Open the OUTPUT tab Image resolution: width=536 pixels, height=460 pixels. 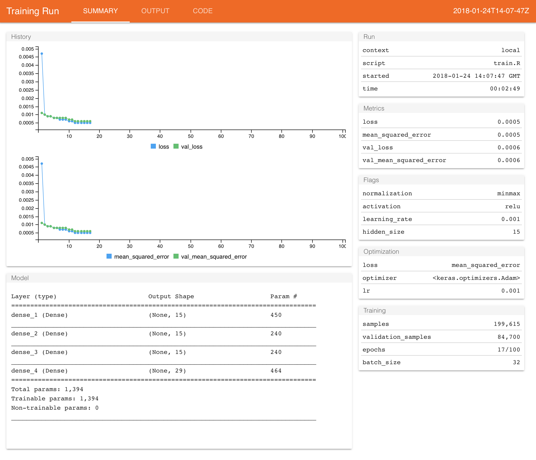(155, 11)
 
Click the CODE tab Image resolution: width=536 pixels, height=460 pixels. (203, 11)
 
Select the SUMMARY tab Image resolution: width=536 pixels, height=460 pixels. (100, 11)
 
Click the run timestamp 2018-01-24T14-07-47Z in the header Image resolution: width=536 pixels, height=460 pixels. (491, 11)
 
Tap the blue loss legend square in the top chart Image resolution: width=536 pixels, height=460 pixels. (153, 146)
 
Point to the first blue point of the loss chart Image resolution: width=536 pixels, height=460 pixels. (42, 54)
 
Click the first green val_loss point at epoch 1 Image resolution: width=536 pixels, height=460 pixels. (42, 113)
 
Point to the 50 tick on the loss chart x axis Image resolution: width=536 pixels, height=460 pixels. (191, 136)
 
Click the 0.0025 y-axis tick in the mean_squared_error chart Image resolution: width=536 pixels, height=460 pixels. (26, 200)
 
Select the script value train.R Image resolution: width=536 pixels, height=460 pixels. (506, 63)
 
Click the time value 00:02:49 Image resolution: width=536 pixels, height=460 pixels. (505, 88)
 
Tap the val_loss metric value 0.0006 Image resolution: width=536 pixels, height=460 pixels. (509, 148)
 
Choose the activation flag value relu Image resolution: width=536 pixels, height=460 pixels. (512, 206)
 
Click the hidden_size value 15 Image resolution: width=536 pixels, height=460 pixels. (516, 232)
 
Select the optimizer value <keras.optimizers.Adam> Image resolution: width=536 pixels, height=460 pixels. (476, 278)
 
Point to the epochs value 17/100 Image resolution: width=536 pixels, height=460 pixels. (509, 350)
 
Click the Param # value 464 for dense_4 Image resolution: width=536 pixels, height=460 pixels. (276, 371)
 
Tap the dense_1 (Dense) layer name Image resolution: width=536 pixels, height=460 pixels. (39, 315)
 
